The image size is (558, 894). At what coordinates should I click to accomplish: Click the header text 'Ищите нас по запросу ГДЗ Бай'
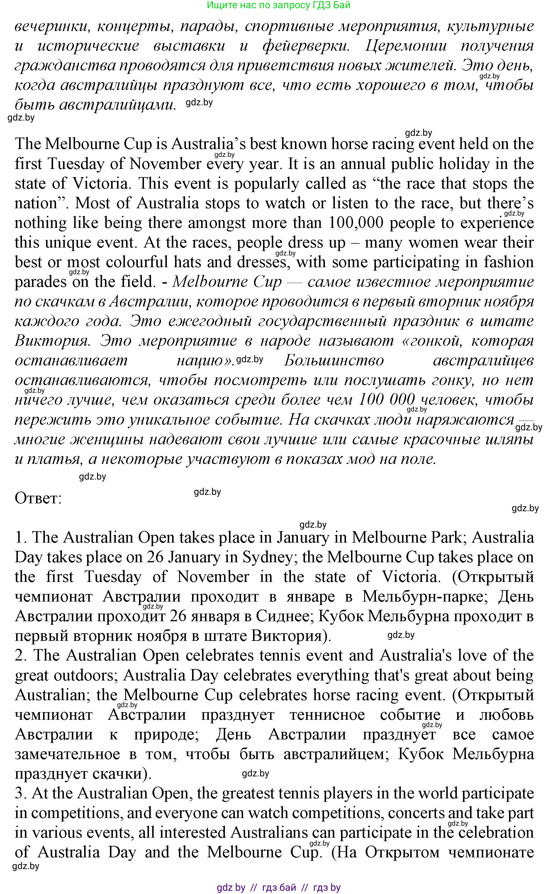point(279,5)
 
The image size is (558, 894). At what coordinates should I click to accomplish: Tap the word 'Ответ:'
point(38,499)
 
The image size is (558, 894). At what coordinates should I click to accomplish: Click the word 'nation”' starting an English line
point(40,203)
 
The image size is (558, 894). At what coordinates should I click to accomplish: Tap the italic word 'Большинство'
point(334,361)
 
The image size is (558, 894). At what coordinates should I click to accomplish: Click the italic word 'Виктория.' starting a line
point(52,341)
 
